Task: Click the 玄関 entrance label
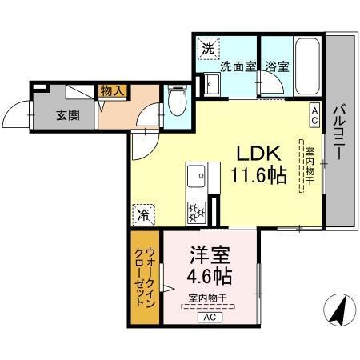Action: [67, 114]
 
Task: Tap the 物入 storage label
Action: [112, 92]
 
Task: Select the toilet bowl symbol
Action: [178, 102]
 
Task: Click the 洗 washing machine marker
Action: [206, 49]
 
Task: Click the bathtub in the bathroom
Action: [308, 67]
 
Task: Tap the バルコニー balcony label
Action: [339, 132]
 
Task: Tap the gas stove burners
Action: [197, 210]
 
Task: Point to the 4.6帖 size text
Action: [210, 277]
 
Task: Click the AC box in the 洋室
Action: [210, 318]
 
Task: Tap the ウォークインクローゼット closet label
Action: [145, 276]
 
